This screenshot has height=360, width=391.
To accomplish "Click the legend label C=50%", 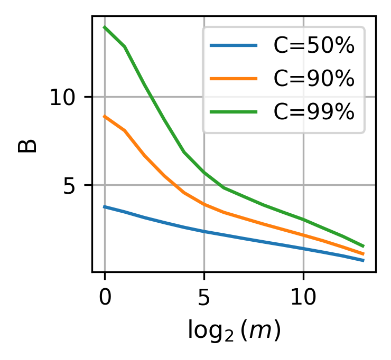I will (x=313, y=46).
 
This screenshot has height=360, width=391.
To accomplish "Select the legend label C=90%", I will (x=313, y=79).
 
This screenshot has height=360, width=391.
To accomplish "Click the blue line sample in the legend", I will (x=234, y=46).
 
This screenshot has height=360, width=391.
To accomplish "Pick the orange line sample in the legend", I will (x=234, y=79).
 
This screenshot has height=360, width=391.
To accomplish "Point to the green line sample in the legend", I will (x=234, y=112).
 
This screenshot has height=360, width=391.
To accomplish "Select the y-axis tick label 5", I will (x=71, y=186).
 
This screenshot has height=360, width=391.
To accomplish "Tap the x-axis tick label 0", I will (x=105, y=298).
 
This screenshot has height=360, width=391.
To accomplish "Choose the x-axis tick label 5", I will (x=204, y=298).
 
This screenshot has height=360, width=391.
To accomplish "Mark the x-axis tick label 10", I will (x=303, y=298).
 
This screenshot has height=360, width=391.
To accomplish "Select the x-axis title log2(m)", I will (x=234, y=330).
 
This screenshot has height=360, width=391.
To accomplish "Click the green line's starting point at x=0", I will (x=105, y=27).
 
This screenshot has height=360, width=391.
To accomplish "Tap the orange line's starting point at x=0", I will (x=105, y=116).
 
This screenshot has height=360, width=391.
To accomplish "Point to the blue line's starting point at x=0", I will (x=105, y=206).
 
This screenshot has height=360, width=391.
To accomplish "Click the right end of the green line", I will (x=364, y=246).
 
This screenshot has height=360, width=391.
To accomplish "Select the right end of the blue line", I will (x=364, y=261).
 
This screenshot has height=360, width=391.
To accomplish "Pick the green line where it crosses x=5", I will (x=204, y=173).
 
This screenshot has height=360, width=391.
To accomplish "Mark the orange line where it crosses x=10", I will (x=303, y=235).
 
